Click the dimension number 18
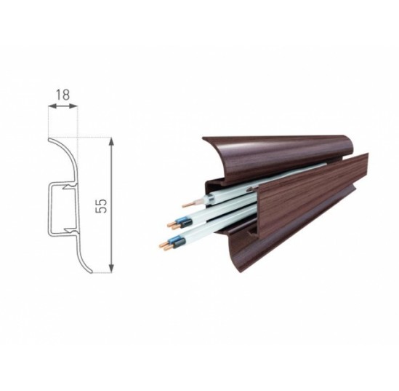[x=63, y=95]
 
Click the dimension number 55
[x=101, y=206]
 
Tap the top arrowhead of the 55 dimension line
[x=111, y=142]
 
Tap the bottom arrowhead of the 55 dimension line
[x=111, y=269]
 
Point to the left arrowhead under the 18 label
[x=52, y=106]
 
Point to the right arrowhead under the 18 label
[x=73, y=106]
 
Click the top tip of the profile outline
[x=49, y=139]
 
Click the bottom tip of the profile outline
[x=91, y=272]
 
